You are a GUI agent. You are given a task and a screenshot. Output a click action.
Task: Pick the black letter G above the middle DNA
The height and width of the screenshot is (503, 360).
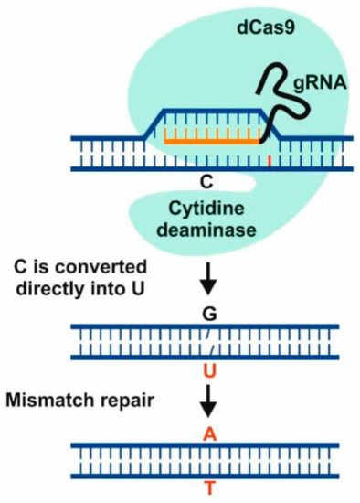click(209, 311)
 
